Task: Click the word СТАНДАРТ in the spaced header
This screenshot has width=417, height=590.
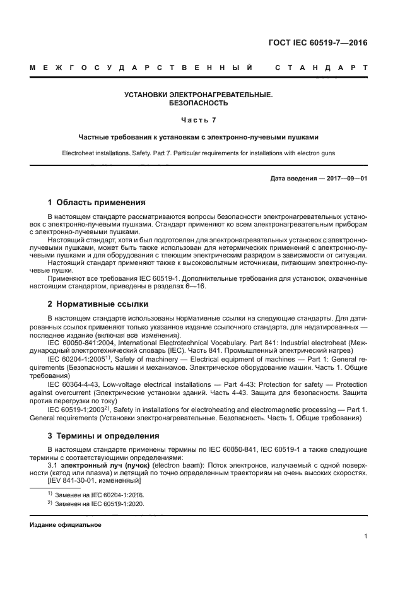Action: pyautogui.click(x=321, y=68)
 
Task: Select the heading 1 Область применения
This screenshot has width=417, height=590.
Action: pyautogui.click(x=97, y=203)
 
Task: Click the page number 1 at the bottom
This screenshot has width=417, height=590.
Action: pyautogui.click(x=365, y=536)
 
